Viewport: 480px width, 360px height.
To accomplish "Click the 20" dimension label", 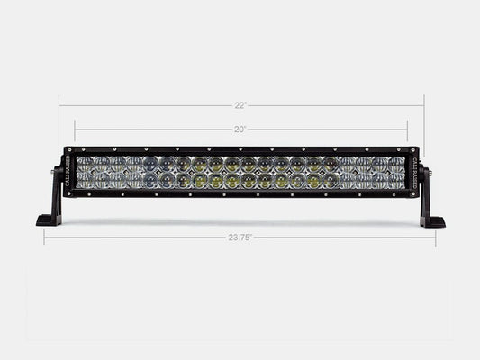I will (240, 130).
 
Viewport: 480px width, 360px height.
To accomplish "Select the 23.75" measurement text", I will (240, 239).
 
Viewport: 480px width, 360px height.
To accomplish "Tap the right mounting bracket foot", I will (432, 220).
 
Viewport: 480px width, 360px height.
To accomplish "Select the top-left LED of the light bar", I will (86, 164).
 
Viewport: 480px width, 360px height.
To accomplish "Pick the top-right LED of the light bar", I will (396, 164).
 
